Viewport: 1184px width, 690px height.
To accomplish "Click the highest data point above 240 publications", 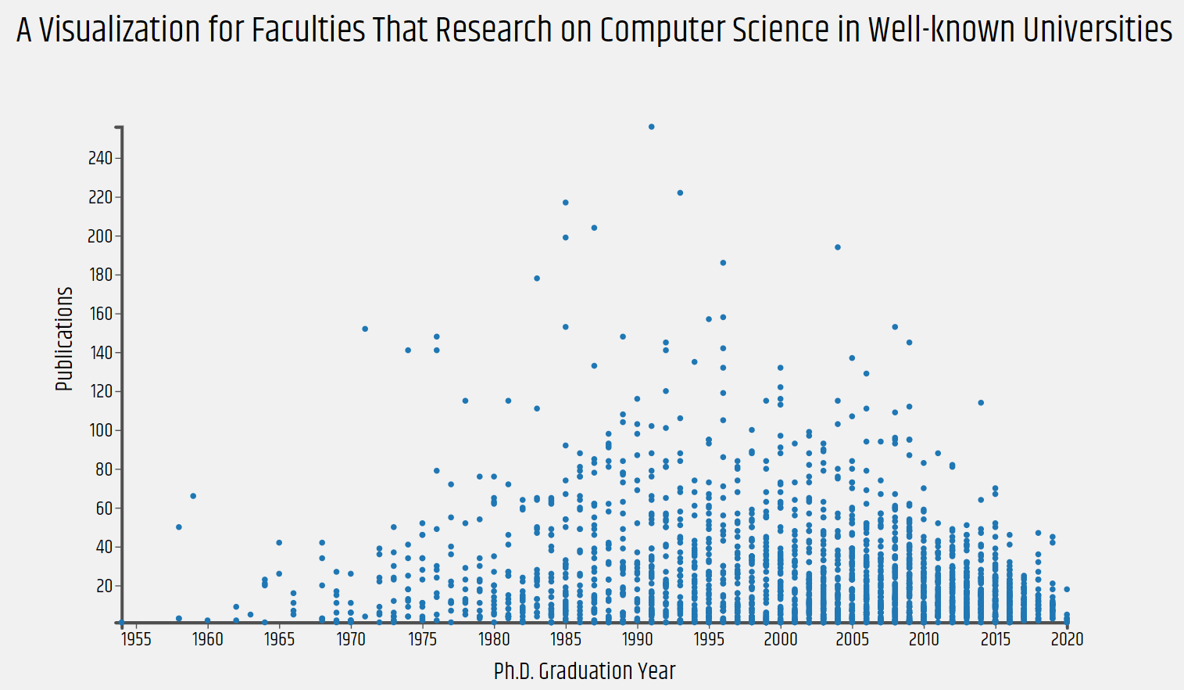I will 652,127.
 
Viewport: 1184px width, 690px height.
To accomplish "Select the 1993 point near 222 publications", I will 680,192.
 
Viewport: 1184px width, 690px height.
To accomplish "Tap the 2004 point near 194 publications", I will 838,247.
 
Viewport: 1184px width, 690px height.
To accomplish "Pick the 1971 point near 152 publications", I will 365,329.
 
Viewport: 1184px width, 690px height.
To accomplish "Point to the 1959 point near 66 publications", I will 193,496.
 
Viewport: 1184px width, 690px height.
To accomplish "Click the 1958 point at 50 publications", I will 179,527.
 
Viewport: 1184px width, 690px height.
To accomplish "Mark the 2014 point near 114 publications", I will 981,403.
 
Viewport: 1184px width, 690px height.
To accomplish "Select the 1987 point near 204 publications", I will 594,228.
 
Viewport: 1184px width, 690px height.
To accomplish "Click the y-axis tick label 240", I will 100,158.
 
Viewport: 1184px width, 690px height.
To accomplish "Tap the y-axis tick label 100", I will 100,430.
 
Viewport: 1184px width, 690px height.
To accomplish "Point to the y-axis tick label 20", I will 104,586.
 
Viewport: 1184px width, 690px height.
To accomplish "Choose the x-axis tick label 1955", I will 136,639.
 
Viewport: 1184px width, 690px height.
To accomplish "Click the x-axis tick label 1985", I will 566,639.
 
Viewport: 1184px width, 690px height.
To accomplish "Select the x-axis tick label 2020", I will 1067,639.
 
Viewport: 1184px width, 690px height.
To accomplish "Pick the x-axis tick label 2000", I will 781,639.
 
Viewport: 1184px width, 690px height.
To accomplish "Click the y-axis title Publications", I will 64,339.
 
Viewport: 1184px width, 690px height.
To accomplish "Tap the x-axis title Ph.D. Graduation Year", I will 585,671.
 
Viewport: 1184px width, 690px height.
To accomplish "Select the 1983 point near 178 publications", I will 537,279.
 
